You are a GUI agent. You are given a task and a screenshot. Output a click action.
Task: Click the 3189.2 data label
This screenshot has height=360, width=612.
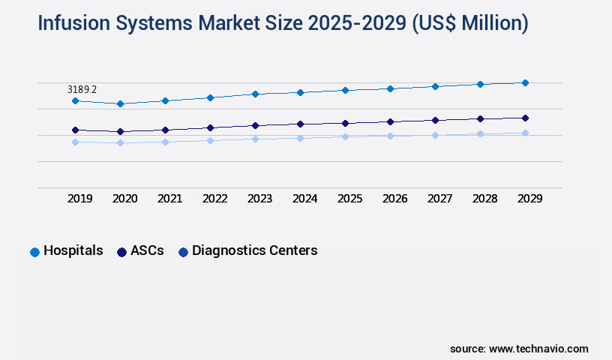point(82,89)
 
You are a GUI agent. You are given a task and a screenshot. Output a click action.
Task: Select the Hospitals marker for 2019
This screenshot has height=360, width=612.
point(75,100)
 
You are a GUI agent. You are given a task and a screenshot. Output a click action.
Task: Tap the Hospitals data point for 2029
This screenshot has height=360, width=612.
point(525,82)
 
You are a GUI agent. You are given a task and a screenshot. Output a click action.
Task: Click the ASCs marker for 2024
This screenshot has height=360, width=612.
point(300,124)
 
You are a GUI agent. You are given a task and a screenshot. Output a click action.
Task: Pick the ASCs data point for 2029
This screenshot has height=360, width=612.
point(525,118)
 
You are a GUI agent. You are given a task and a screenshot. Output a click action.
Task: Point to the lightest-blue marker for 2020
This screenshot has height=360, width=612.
point(120,142)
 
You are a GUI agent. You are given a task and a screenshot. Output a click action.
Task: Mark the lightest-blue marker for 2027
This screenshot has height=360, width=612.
point(435,135)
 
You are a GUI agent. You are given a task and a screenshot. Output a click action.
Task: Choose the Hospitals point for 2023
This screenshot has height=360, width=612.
point(255,94)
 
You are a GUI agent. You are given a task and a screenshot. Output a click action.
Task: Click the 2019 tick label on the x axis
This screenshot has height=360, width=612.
point(79,199)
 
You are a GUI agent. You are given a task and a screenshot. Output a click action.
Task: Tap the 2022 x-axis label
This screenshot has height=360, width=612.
point(214,199)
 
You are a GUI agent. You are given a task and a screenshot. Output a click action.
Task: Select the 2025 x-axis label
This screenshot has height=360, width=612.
point(349,199)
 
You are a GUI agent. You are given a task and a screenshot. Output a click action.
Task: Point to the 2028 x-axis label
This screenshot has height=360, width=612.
point(484,199)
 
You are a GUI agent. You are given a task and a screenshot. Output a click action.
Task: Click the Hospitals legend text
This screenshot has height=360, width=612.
point(73,250)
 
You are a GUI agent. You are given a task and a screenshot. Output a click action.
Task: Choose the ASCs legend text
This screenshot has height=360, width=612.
point(147,250)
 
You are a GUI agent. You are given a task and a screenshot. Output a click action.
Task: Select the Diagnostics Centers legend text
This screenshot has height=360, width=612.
point(255,250)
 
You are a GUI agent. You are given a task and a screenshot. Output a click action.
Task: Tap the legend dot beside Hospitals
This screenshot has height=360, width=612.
point(34,252)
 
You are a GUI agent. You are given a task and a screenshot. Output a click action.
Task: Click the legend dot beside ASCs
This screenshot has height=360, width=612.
point(121,252)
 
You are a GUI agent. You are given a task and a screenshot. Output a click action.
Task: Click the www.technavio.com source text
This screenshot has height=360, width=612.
point(538,349)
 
